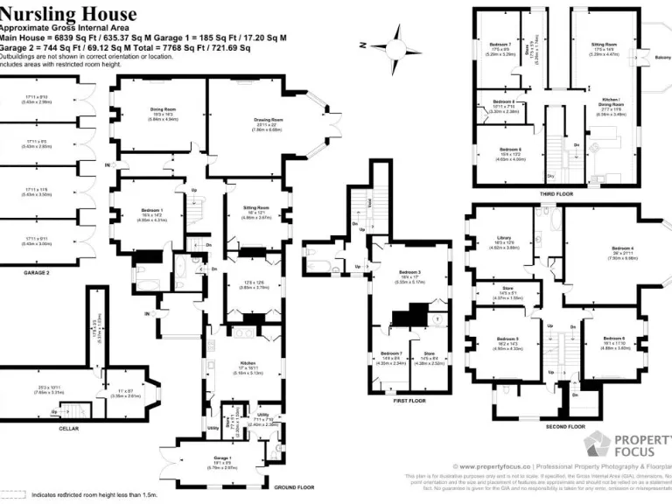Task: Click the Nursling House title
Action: coord(68,14)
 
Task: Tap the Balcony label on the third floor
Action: coord(662,58)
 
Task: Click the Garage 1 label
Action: coord(222,458)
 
